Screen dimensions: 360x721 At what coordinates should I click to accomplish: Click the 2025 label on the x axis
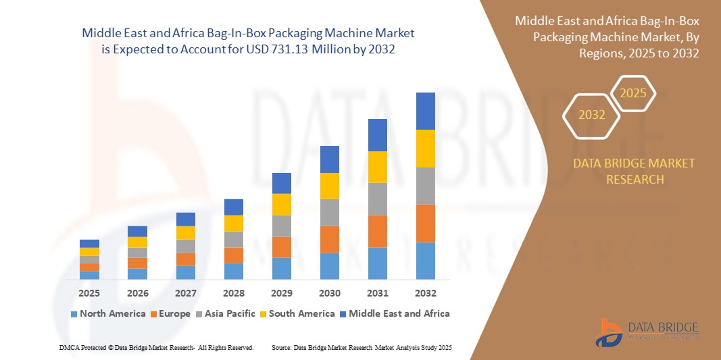[x=89, y=293]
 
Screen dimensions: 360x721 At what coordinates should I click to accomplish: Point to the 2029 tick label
[x=282, y=293]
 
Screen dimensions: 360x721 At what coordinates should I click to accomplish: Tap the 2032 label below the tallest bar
[x=426, y=293]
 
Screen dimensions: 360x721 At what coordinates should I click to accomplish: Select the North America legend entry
[x=107, y=313]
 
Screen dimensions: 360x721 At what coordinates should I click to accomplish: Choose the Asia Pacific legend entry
[x=226, y=313]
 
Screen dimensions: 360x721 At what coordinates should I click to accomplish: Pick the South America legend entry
[x=297, y=313]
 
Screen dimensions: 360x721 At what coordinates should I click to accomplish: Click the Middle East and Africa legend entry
[x=394, y=313]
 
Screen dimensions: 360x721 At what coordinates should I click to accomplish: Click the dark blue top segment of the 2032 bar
[x=426, y=111]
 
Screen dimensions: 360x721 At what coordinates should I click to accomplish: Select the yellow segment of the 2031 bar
[x=378, y=167]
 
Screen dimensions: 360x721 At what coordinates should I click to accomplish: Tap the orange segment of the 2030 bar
[x=330, y=239]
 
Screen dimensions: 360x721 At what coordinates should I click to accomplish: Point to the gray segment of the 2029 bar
[x=282, y=226]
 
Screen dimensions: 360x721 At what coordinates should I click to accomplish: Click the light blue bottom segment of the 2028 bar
[x=234, y=271]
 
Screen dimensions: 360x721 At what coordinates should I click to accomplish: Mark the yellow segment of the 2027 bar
[x=186, y=232]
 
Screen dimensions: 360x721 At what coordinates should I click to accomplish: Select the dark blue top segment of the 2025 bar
[x=89, y=243]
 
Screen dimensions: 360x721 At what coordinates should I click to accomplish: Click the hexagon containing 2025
[x=633, y=93]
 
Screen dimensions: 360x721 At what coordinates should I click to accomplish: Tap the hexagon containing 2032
[x=592, y=115]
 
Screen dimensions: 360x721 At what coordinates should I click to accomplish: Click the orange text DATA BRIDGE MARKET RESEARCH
[x=634, y=171]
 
